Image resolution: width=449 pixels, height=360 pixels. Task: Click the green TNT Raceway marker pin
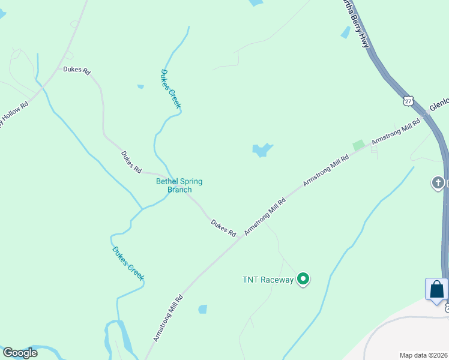[304, 279]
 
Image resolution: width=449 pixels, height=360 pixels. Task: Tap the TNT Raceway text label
[268, 280]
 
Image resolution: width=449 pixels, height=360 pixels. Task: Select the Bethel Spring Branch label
[179, 185]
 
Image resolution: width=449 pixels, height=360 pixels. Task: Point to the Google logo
[20, 353]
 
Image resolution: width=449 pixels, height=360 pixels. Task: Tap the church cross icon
[438, 182]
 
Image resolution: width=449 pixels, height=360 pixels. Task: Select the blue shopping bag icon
[436, 290]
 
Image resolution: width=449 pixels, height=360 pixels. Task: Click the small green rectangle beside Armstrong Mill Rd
[358, 145]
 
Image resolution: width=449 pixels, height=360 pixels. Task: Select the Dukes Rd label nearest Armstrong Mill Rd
[223, 227]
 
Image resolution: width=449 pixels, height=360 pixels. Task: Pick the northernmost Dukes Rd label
[76, 70]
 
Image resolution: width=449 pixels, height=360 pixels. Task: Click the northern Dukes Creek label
[170, 89]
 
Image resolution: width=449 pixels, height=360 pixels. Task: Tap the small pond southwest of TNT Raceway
[203, 309]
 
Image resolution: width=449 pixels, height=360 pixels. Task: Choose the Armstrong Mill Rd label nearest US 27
[396, 132]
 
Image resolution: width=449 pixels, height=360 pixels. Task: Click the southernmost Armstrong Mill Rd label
[167, 318]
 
